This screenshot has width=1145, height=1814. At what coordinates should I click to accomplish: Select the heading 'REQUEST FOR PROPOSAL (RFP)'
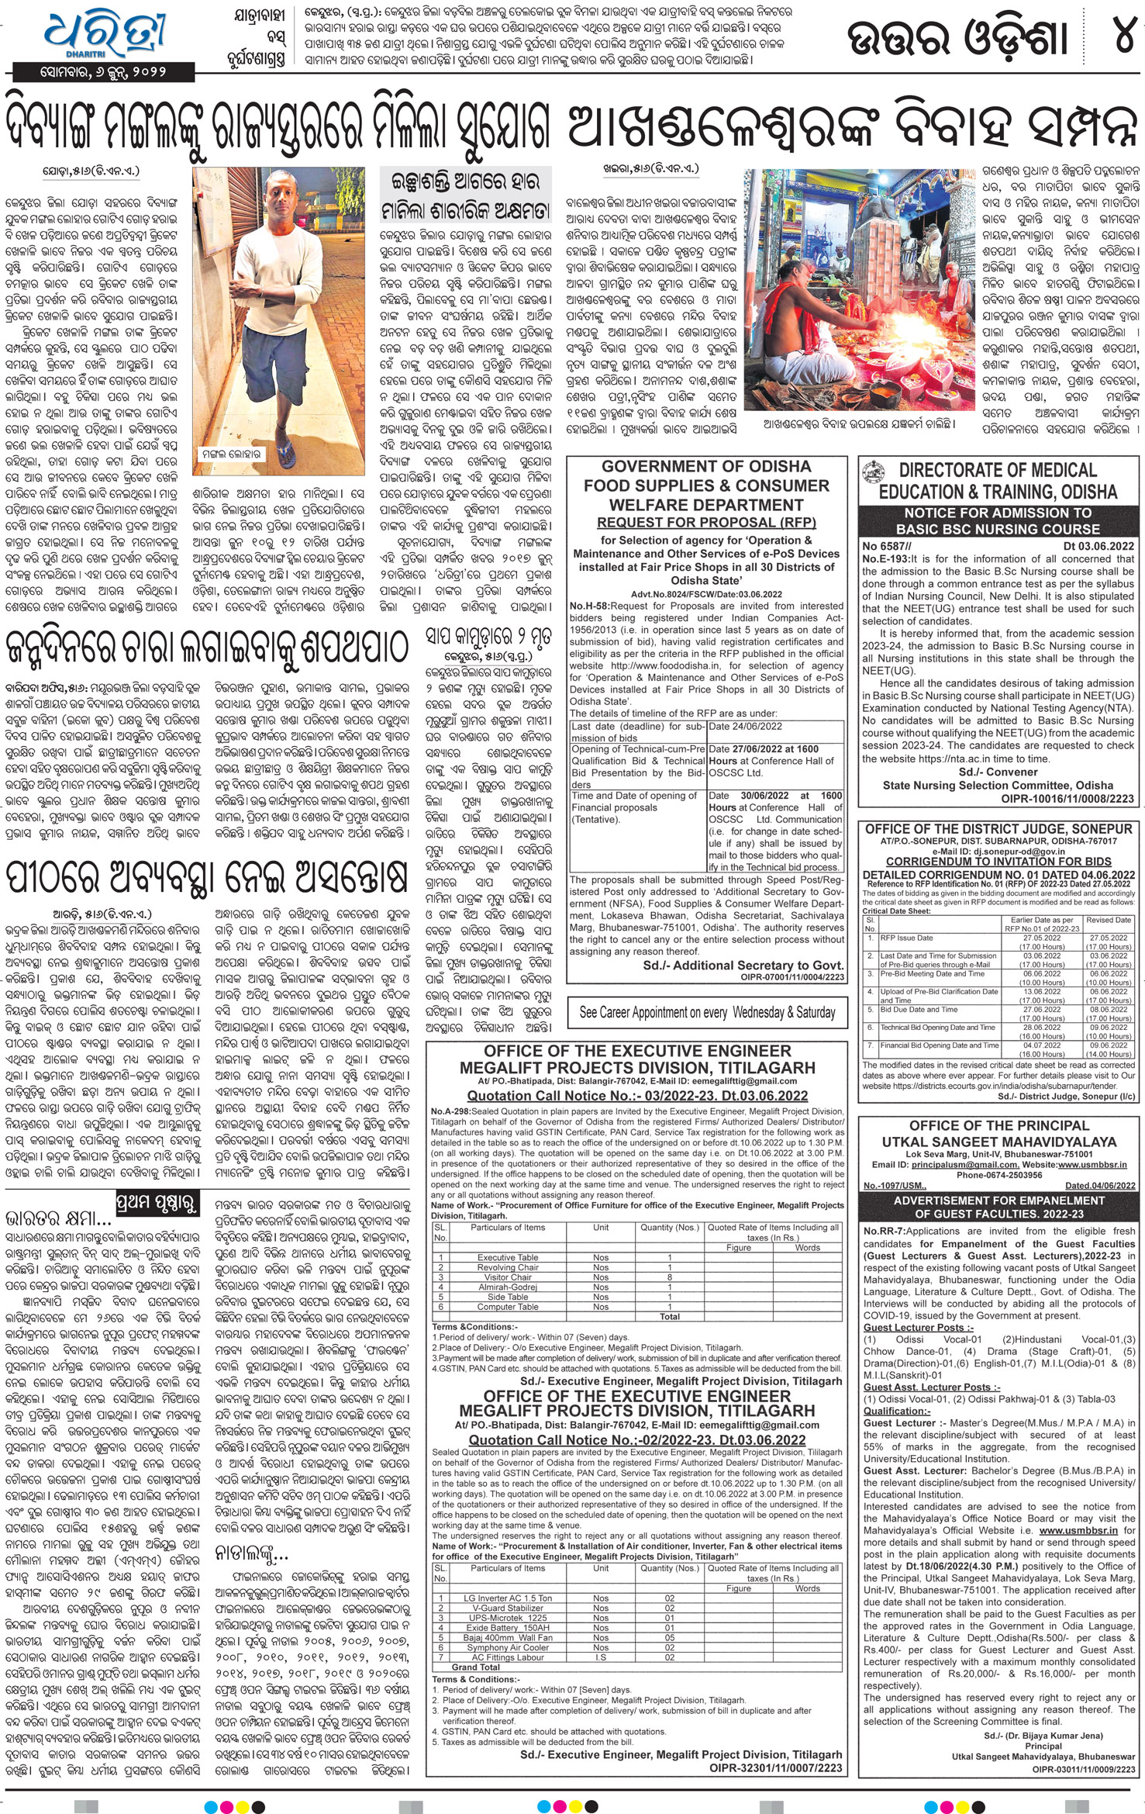tap(705, 522)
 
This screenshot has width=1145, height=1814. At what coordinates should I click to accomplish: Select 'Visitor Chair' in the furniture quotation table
tap(508, 1277)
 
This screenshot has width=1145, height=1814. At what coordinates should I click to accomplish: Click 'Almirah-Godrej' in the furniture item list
tap(508, 1287)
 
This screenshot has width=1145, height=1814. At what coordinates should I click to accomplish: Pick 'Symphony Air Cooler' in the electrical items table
tap(508, 1620)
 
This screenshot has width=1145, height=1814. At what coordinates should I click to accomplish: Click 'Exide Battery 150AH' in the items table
tap(508, 1600)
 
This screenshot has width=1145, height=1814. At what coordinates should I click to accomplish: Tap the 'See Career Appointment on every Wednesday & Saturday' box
tap(707, 1012)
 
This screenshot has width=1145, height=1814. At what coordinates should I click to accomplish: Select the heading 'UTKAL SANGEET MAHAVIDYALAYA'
tap(999, 1142)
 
